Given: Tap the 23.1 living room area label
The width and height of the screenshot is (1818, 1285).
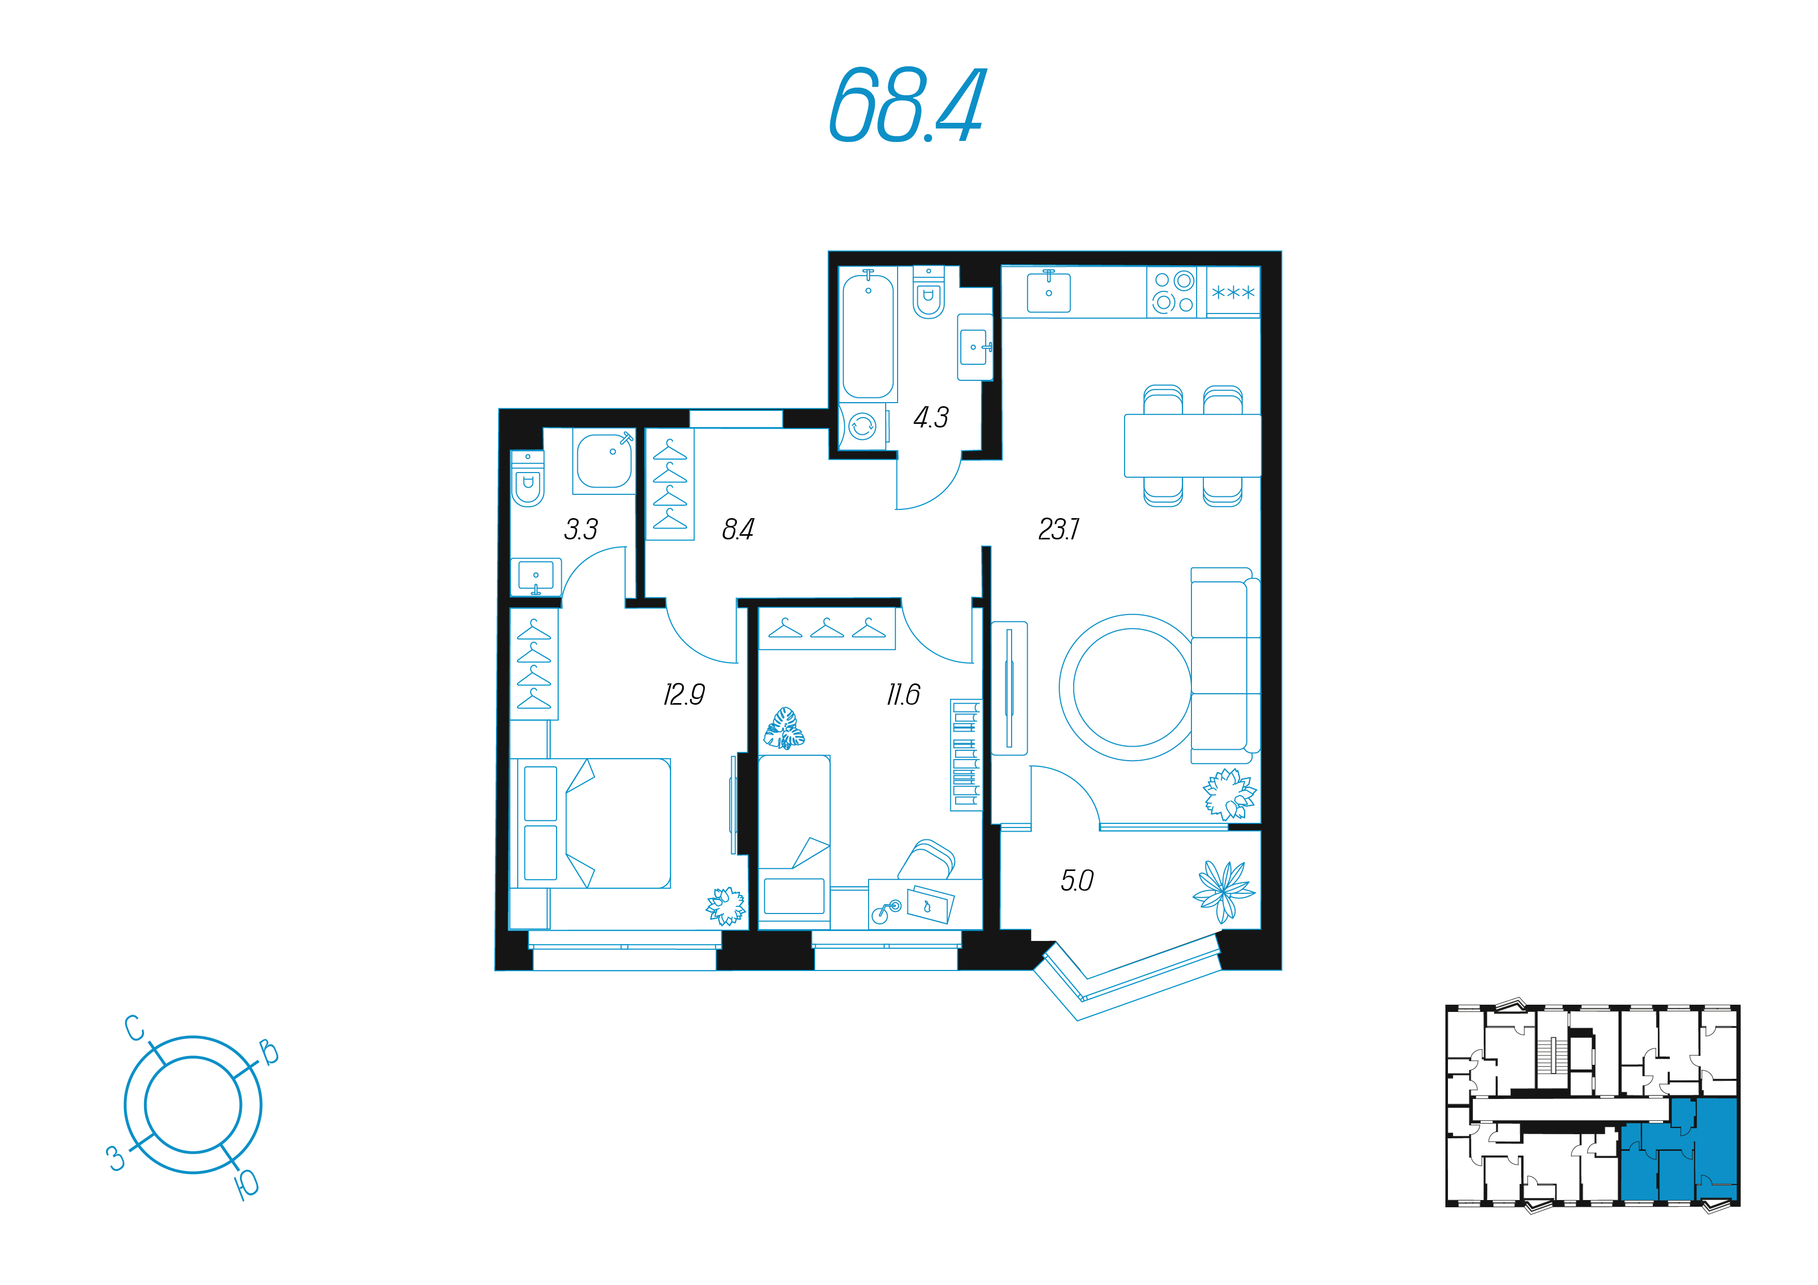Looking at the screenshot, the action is pos(1059,529).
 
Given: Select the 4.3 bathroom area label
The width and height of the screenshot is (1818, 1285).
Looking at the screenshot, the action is pos(931,417).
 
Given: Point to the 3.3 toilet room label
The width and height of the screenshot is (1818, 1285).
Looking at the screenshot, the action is pos(581,529).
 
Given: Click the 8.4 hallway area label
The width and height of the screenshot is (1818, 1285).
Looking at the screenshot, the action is pos(738,529).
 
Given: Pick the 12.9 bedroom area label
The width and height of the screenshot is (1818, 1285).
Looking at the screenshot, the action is pos(684,694).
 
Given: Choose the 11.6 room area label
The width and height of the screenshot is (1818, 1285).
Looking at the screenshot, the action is pos(903,694).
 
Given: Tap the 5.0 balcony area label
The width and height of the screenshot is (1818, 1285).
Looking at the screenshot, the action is pos(1077,880).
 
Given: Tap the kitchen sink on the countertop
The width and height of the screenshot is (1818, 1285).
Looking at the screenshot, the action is pos(1048,291).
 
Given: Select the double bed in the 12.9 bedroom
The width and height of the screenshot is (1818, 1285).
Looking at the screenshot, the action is pos(594,823).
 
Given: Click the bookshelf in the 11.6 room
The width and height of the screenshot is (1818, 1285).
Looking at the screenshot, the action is pos(965,754).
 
